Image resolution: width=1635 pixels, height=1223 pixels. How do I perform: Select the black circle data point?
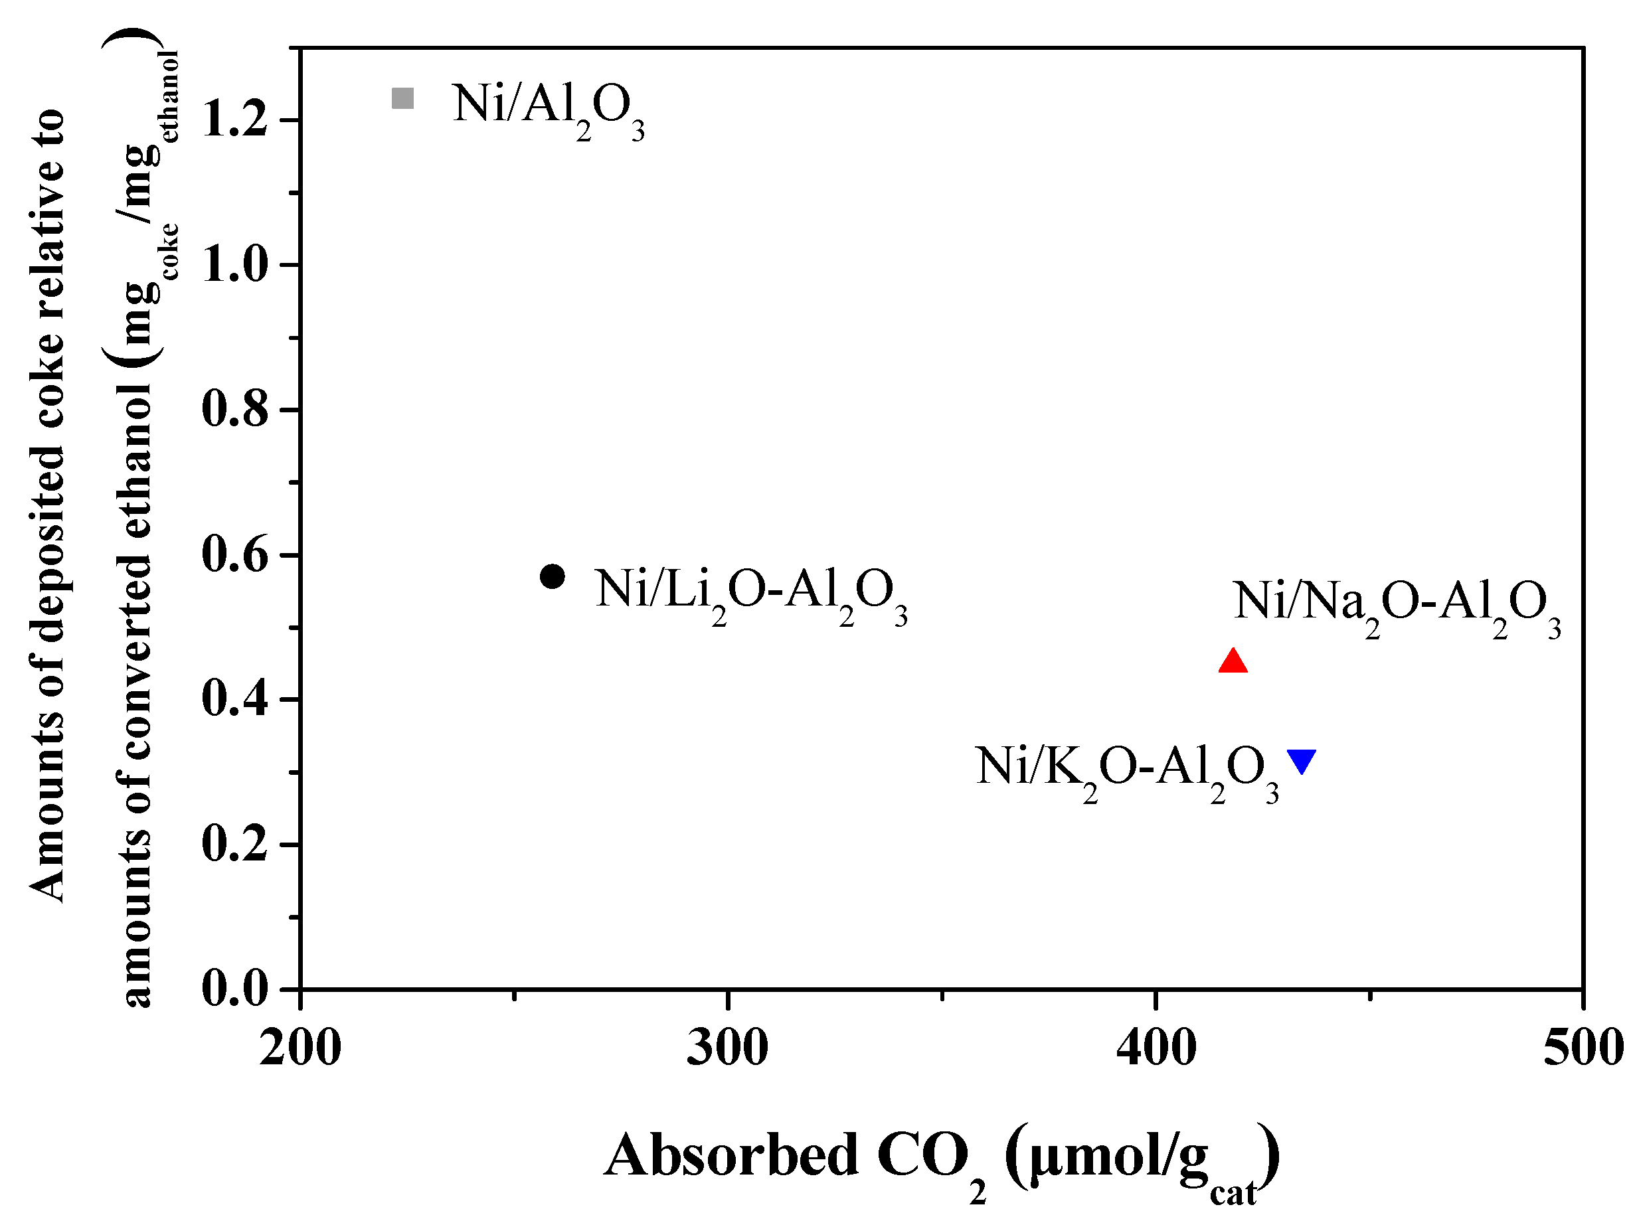(x=552, y=576)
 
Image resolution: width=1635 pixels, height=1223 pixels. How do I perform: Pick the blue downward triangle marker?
(x=1301, y=760)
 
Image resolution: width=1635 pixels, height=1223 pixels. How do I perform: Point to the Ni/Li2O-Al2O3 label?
(x=751, y=596)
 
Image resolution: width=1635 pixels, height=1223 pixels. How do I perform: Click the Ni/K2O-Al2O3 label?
(x=1126, y=772)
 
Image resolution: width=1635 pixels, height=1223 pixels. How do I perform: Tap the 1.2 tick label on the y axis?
(x=234, y=120)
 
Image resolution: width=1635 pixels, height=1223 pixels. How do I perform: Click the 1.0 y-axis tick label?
(x=234, y=264)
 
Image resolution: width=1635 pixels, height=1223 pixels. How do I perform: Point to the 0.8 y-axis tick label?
(x=234, y=410)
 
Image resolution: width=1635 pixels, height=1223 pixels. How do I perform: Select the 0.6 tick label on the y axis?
(x=234, y=555)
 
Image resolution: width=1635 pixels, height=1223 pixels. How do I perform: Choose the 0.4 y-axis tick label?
(x=234, y=699)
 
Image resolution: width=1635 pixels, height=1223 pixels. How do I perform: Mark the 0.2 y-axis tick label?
(x=234, y=844)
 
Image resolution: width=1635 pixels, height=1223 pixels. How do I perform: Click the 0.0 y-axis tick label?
(x=234, y=989)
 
